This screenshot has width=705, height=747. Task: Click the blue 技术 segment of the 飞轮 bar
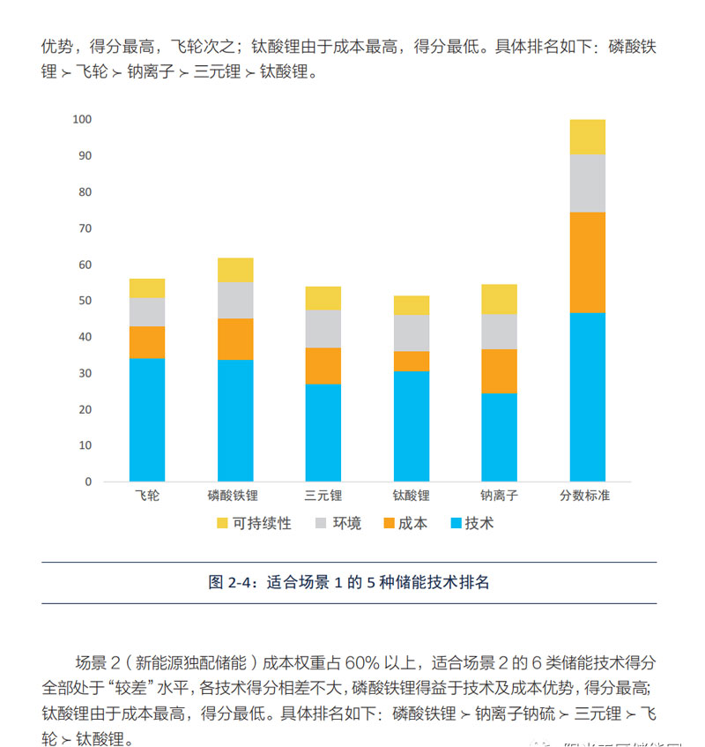147,420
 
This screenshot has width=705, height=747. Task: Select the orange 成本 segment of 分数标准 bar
587,263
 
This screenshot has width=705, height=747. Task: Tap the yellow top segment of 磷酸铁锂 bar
235,270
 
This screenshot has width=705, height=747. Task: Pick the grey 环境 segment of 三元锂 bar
323,328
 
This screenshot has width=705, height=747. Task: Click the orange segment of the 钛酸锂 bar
411,361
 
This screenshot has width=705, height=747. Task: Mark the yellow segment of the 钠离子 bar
499,299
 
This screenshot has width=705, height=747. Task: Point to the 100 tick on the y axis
83,119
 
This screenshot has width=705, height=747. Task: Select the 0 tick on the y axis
87,482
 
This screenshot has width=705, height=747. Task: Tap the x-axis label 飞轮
147,496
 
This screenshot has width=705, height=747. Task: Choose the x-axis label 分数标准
586,496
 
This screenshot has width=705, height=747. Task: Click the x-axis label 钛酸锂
411,496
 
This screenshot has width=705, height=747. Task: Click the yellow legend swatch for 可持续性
222,524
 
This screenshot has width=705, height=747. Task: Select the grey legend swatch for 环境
321,524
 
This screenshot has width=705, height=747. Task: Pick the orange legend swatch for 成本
388,524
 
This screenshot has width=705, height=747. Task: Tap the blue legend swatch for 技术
456,524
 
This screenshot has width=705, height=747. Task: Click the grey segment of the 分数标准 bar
587,183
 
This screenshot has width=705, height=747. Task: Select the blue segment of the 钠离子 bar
499,437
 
